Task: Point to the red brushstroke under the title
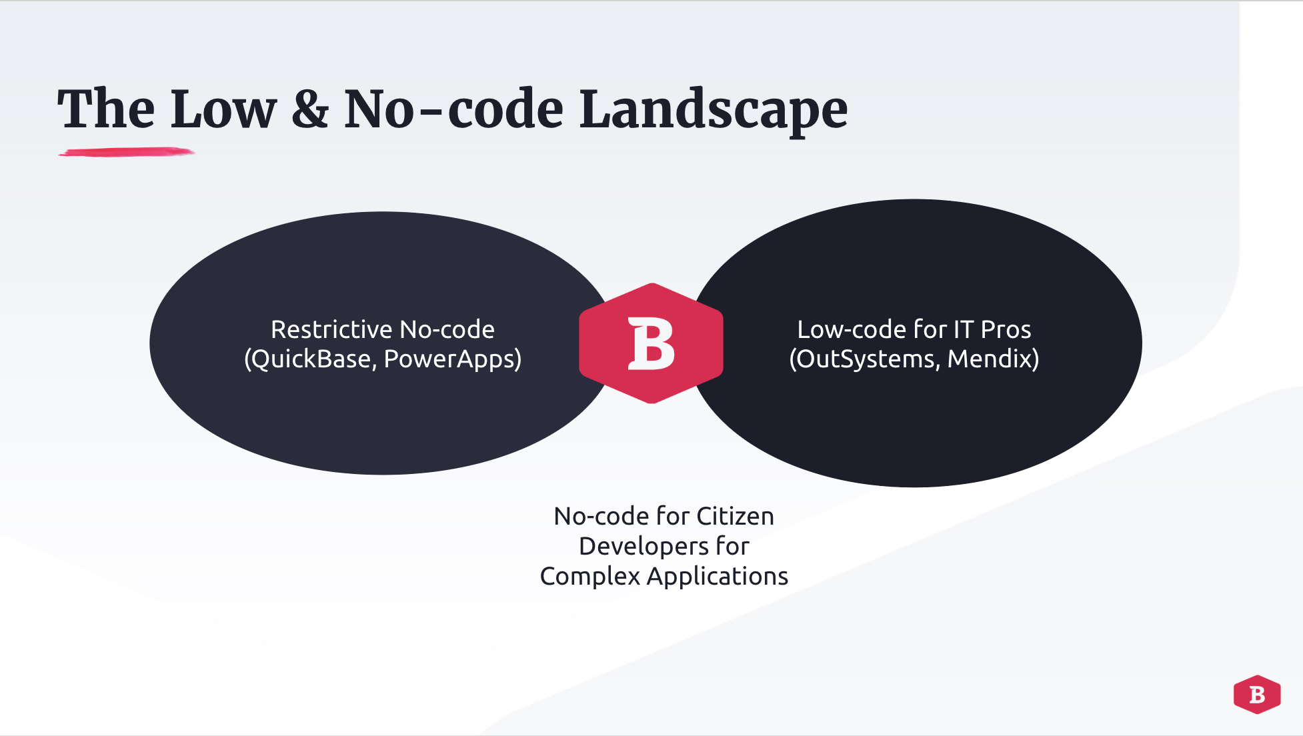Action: coord(126,153)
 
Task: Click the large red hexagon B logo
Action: coord(651,343)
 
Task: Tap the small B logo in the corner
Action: coord(1256,695)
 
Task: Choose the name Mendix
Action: coord(991,359)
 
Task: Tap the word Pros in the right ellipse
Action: coord(1006,329)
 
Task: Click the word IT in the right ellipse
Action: coord(963,329)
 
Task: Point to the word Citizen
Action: coord(735,516)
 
